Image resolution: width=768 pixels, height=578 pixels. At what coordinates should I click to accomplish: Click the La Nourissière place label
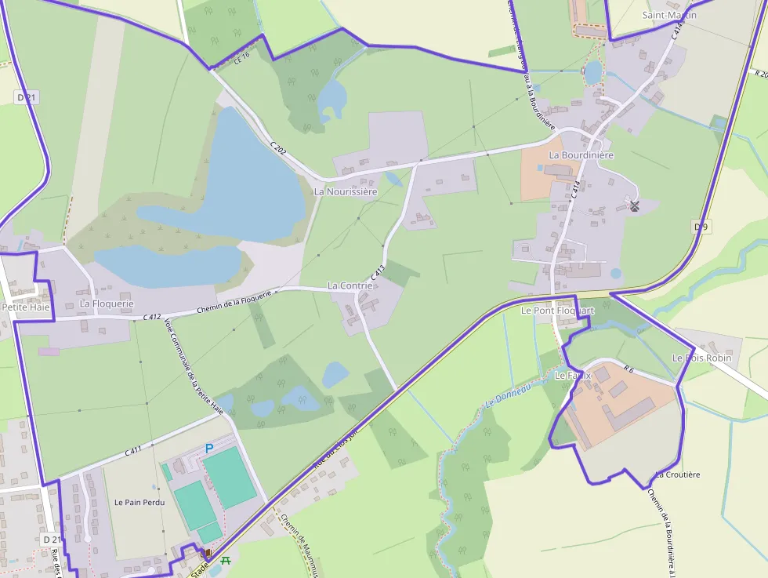point(346,191)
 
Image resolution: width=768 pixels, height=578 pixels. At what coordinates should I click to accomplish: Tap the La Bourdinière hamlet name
point(581,155)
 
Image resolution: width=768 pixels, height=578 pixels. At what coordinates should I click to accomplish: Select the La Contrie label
point(350,285)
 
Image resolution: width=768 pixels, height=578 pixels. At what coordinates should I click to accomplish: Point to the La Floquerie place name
point(107,304)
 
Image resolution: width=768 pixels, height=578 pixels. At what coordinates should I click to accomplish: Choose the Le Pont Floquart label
point(558,311)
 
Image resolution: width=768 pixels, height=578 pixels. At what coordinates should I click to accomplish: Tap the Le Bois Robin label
point(701,358)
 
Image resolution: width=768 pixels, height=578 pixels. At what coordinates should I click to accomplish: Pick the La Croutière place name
point(677,474)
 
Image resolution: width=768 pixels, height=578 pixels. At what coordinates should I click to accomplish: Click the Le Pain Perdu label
point(139,502)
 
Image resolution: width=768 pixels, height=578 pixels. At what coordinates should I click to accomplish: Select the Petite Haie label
point(26,307)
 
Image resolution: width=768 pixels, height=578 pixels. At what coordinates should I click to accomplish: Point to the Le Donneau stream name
point(508,395)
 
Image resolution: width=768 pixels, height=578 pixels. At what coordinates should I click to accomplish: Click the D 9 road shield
point(701,227)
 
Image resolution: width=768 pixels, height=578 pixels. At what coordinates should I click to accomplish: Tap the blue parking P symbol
point(208,448)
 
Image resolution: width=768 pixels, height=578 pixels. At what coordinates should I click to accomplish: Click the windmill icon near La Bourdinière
point(634,206)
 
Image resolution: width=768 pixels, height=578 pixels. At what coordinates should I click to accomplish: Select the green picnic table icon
point(226,560)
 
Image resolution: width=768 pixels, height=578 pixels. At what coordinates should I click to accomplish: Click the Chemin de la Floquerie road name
point(234,302)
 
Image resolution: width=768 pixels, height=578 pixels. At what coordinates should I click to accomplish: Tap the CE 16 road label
point(241,56)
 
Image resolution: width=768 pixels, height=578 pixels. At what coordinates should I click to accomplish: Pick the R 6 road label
point(629,368)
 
